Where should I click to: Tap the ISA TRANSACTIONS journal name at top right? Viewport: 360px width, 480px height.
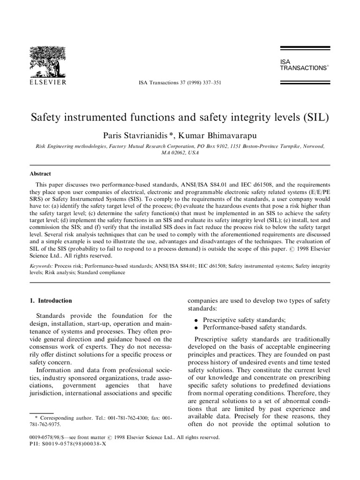(303, 65)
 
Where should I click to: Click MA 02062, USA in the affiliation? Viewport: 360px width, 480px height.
(180, 153)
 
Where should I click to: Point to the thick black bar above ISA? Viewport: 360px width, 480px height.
(305, 48)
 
